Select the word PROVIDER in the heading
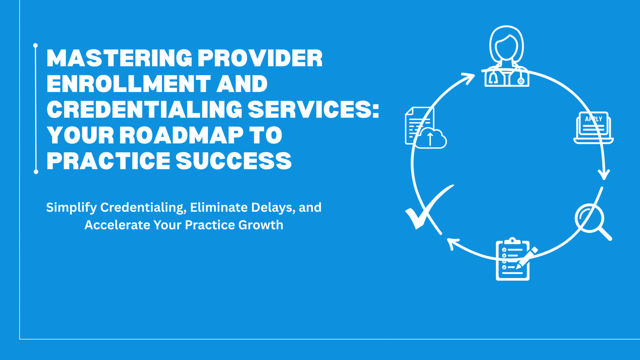[260, 58]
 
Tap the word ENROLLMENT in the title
[128, 84]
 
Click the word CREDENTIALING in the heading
[144, 110]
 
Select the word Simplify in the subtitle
[71, 208]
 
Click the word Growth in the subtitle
[260, 225]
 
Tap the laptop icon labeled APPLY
[593, 127]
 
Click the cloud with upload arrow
[431, 139]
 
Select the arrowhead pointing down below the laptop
[604, 174]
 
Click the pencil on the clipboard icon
[527, 258]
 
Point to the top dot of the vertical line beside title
[36, 46]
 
